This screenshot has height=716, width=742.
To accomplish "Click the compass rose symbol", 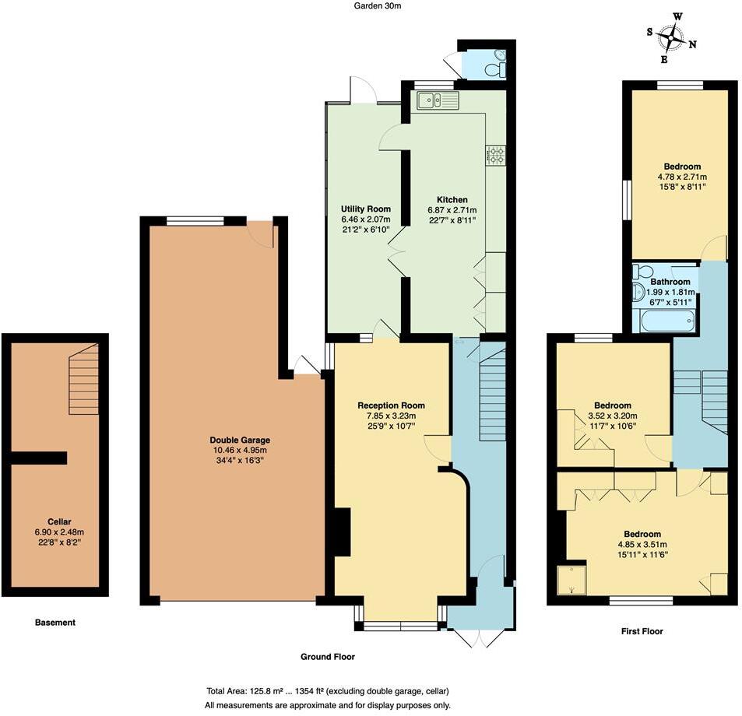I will point(670,37).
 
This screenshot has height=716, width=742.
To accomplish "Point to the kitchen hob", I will point(495,155).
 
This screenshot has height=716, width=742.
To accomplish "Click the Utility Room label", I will point(365,209).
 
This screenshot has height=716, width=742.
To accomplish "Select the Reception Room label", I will point(391,405).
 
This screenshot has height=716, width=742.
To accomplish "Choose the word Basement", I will point(55,623).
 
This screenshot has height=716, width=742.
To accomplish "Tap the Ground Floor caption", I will point(328,657).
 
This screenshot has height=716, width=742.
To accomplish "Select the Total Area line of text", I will point(327,691).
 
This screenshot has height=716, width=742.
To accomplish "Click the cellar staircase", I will point(83,381).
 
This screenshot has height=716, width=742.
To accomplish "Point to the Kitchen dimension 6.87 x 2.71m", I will point(452,210).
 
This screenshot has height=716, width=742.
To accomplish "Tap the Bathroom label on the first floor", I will point(670,282).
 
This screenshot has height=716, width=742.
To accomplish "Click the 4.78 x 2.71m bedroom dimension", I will point(682,177).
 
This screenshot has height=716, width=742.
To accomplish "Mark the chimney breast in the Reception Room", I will point(340,532).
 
